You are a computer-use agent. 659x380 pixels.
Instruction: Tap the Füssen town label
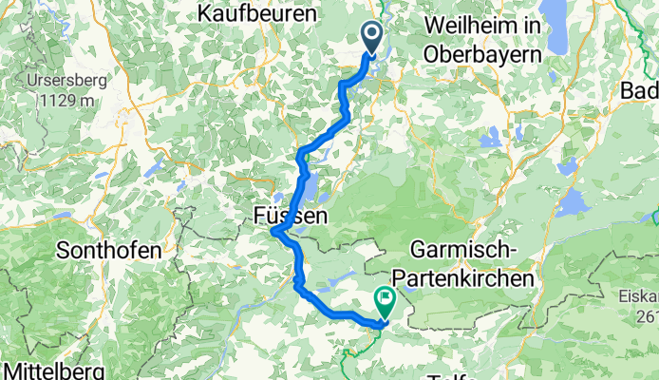coord(292,216)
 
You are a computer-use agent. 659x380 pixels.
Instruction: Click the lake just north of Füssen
coord(311,190)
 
